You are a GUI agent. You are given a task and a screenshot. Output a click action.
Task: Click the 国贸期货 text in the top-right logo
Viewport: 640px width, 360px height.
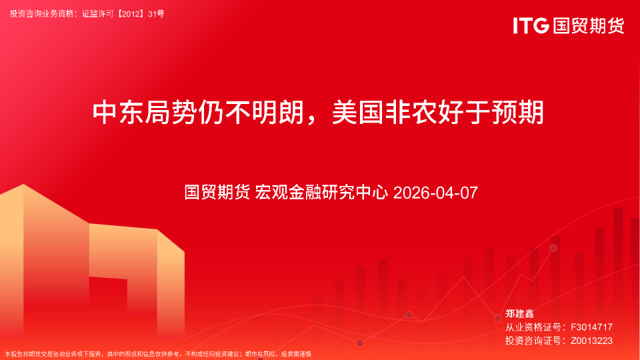[x=587, y=26]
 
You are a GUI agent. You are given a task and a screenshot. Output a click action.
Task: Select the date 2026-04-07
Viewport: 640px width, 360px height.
[x=436, y=193]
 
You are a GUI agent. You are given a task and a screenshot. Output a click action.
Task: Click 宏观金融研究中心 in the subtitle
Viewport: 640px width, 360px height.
[x=321, y=193]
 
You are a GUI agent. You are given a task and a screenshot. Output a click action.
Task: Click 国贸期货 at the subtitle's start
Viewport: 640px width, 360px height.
[x=217, y=193]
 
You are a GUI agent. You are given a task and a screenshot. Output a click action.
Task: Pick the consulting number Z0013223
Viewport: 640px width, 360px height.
[x=591, y=340]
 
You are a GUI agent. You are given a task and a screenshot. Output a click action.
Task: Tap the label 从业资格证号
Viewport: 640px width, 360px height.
[x=531, y=327]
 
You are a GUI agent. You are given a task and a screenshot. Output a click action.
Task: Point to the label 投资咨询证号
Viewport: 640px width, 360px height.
[x=531, y=340]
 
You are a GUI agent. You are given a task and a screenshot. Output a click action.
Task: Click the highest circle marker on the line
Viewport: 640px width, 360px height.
[x=553, y=248]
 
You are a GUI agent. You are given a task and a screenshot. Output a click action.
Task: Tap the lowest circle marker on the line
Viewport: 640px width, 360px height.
[x=360, y=343]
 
